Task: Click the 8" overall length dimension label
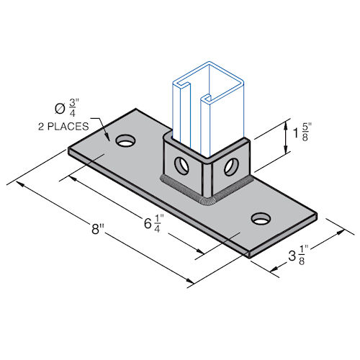pyautogui.click(x=97, y=232)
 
